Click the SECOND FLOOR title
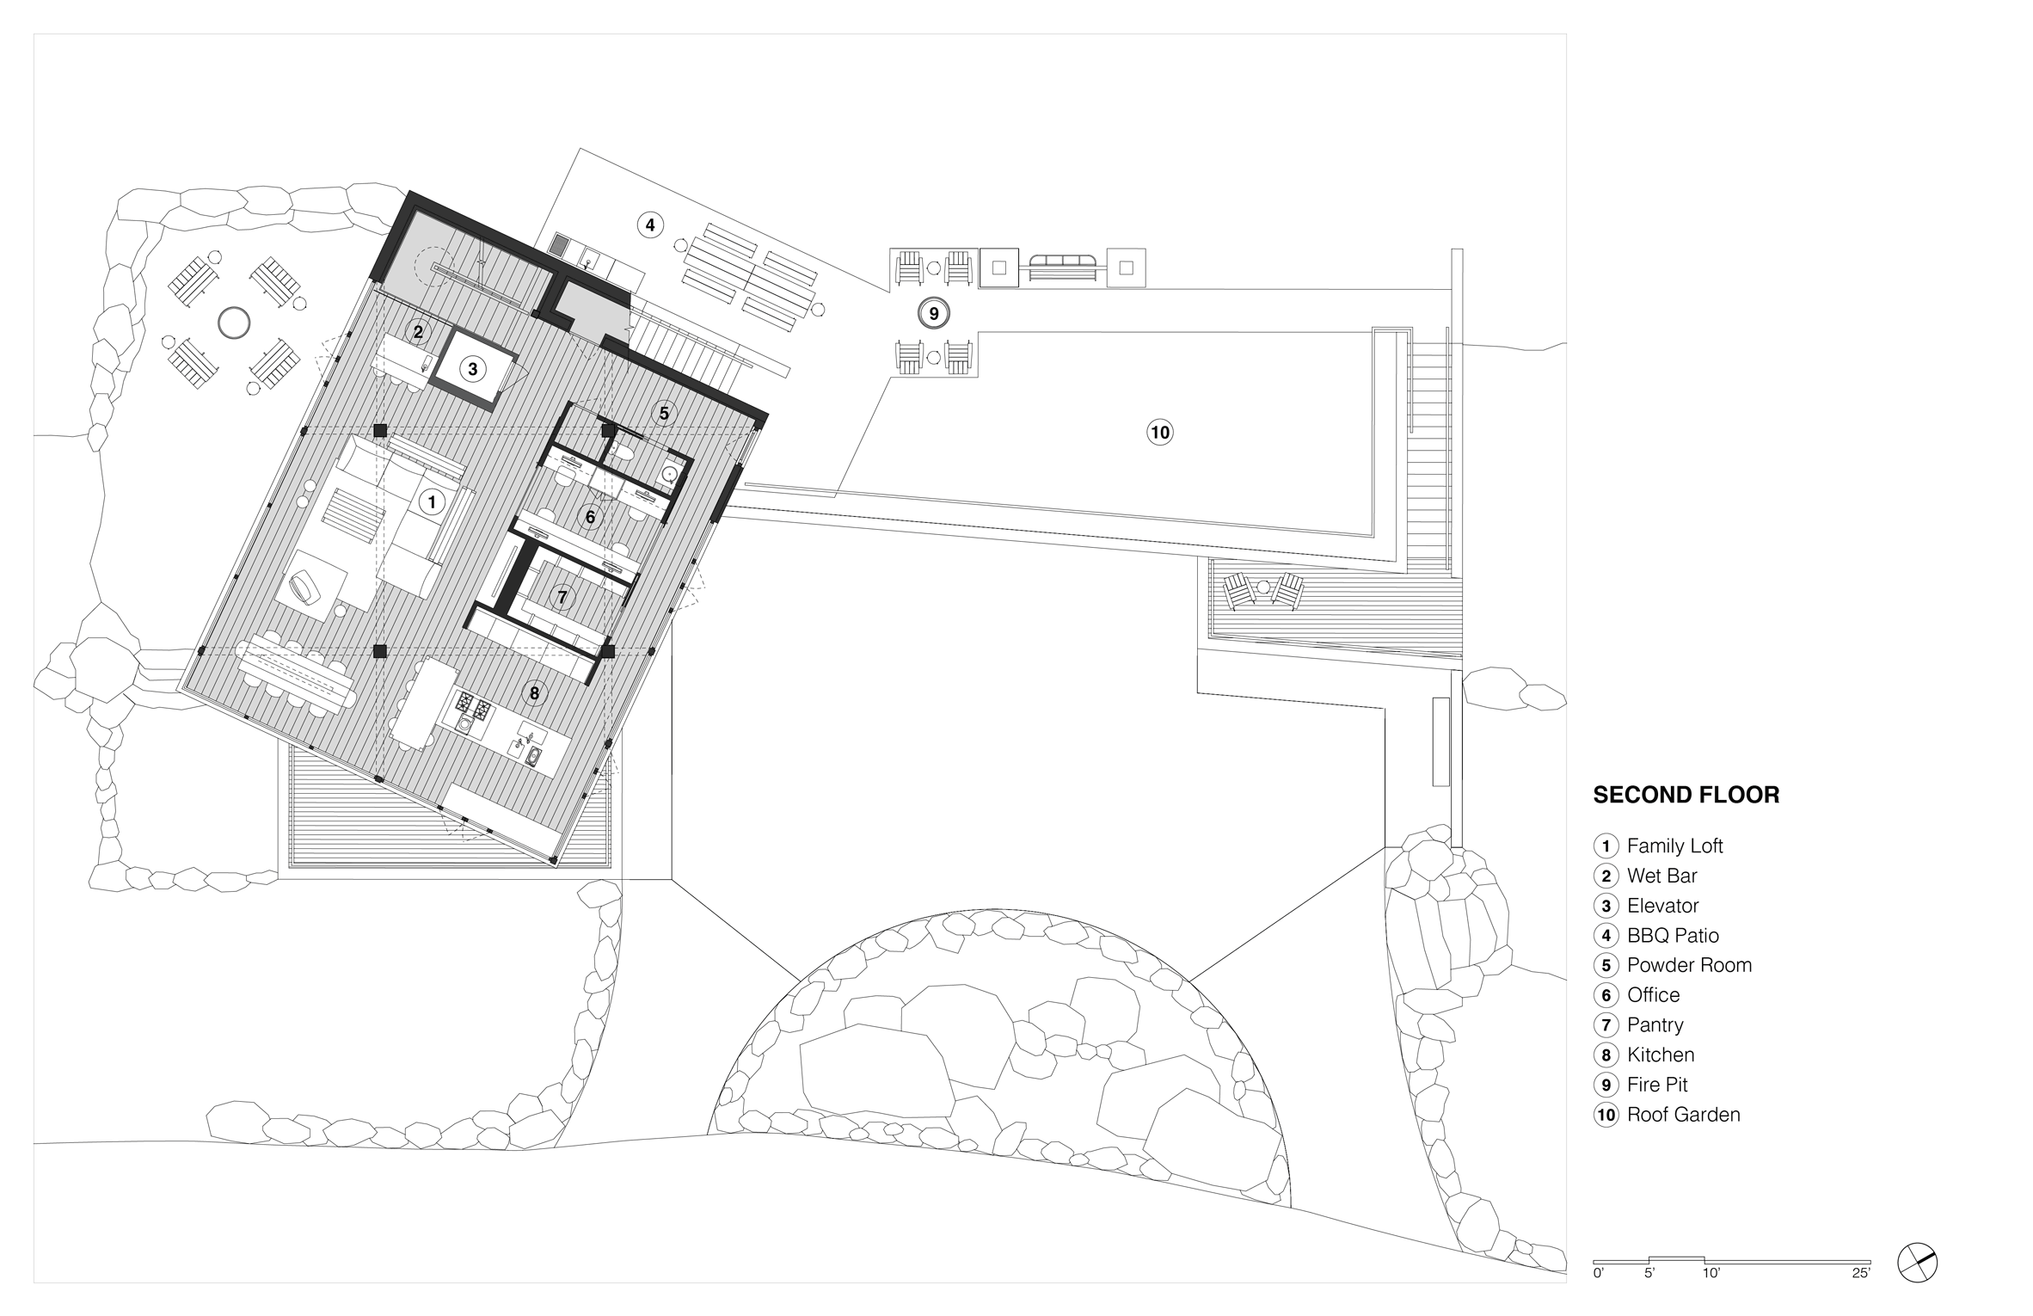click(x=1686, y=795)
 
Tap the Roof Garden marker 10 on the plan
click(x=1160, y=432)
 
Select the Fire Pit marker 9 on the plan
click(x=933, y=313)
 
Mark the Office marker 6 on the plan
click(x=590, y=517)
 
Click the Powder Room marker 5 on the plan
click(x=663, y=414)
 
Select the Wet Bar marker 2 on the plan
click(x=418, y=331)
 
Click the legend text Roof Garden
click(x=1683, y=1115)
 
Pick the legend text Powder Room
click(x=1689, y=965)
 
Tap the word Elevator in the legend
click(x=1663, y=906)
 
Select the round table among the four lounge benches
click(x=234, y=323)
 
